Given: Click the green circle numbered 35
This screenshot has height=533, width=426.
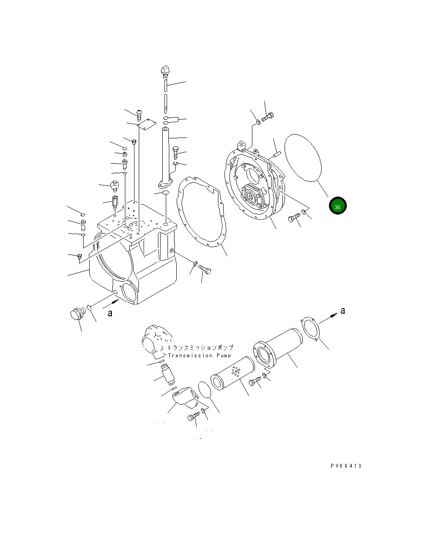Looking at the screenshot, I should tap(337, 206).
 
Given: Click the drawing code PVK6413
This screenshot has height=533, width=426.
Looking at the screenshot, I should tap(345, 466).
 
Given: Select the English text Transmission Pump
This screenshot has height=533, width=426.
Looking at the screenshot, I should tap(197, 355).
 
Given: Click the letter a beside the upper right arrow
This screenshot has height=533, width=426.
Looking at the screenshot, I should tap(342, 310).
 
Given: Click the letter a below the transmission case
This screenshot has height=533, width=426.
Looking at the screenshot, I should tap(110, 313).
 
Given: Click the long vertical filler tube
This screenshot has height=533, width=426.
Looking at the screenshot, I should tap(168, 154).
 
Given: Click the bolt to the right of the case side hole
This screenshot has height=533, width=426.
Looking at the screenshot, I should tap(205, 270).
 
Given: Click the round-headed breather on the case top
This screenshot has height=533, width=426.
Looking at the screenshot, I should tap(115, 185).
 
